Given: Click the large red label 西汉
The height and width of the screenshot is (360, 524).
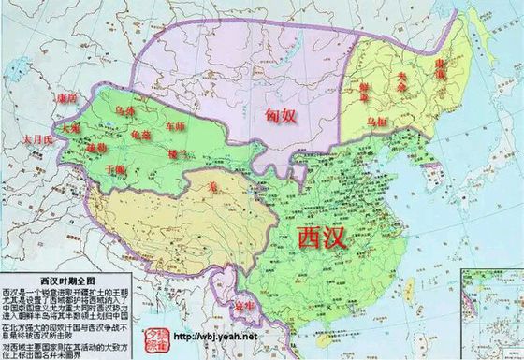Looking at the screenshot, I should (x=320, y=237).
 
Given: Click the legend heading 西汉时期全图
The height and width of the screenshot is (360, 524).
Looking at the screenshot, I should (x=62, y=279).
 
